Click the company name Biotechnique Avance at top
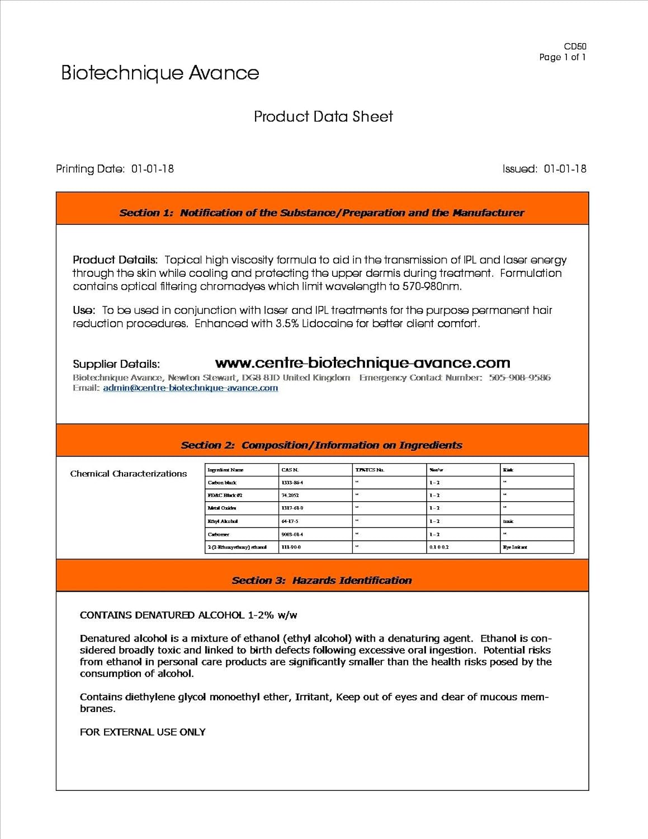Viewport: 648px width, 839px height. coord(160,73)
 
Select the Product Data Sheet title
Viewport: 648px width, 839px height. coord(323,116)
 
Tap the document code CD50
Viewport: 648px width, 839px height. coord(575,46)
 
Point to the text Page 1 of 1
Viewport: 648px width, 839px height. coord(562,57)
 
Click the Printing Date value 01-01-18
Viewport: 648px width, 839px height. coord(152,169)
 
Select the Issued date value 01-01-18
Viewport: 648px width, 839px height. coord(565,169)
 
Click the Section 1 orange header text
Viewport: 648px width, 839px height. coord(321,213)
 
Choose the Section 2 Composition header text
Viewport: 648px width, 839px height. coord(321,445)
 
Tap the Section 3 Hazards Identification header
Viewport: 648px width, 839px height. coord(321,581)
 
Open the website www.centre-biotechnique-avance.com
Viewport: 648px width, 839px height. coord(362,363)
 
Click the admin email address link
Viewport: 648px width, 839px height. coord(190,388)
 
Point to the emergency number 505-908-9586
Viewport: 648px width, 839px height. coord(519,378)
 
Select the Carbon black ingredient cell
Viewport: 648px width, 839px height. coord(223,483)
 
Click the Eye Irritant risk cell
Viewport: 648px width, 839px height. coord(515,547)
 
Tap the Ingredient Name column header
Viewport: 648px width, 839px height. coord(225,470)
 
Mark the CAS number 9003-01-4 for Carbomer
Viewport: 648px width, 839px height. coord(292,534)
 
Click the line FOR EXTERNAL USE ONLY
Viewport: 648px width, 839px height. coord(143,732)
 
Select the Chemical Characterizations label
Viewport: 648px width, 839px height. coord(129,474)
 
